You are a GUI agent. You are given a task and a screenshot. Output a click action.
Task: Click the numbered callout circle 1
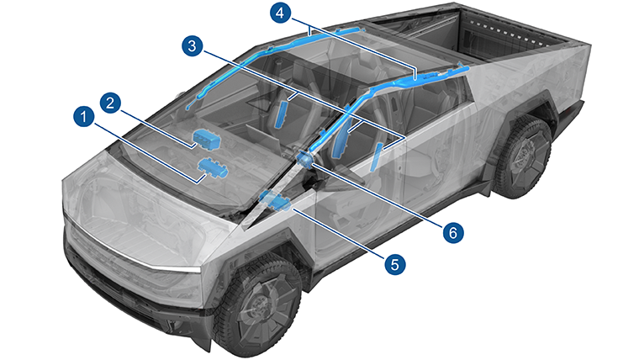(x=84, y=117)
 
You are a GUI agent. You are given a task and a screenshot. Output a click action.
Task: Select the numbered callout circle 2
(x=110, y=103)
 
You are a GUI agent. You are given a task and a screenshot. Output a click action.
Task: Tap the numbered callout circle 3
(x=192, y=46)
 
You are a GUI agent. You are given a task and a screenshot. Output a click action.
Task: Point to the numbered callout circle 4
(x=280, y=13)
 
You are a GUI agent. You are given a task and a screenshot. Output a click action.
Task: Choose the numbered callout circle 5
(x=394, y=264)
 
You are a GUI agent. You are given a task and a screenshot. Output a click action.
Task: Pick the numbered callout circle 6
(x=453, y=233)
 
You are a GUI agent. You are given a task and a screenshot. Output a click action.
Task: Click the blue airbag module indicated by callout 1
(x=213, y=168)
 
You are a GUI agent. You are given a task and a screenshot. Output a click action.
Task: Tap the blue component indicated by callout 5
(x=275, y=200)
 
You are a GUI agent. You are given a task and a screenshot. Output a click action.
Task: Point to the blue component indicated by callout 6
(x=305, y=158)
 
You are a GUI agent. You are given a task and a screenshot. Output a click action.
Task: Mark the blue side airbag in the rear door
(x=376, y=157)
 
